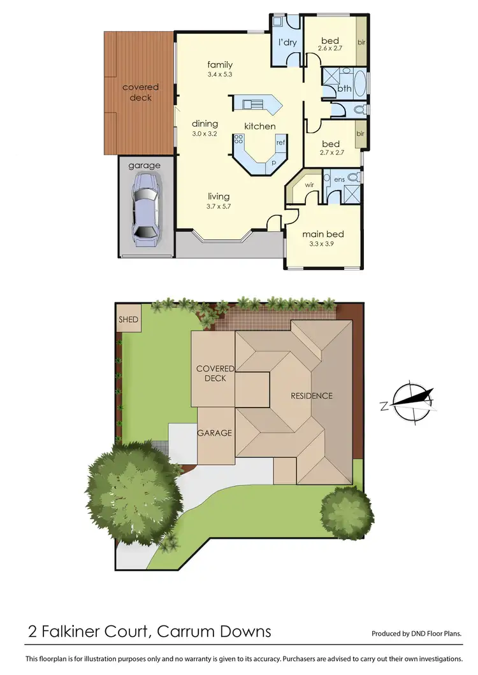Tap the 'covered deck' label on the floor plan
(x=140, y=92)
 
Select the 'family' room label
(x=220, y=64)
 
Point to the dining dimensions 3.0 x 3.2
(x=205, y=134)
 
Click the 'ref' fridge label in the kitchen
(x=280, y=143)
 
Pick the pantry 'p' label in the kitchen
(x=274, y=162)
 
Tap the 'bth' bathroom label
(x=344, y=89)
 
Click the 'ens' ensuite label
(x=339, y=180)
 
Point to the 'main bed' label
(x=323, y=234)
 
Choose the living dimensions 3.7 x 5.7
(x=218, y=206)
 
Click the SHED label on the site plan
(x=128, y=319)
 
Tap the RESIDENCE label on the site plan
(x=312, y=395)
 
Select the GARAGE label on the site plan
(x=214, y=433)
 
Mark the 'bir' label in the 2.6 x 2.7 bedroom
(x=361, y=43)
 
